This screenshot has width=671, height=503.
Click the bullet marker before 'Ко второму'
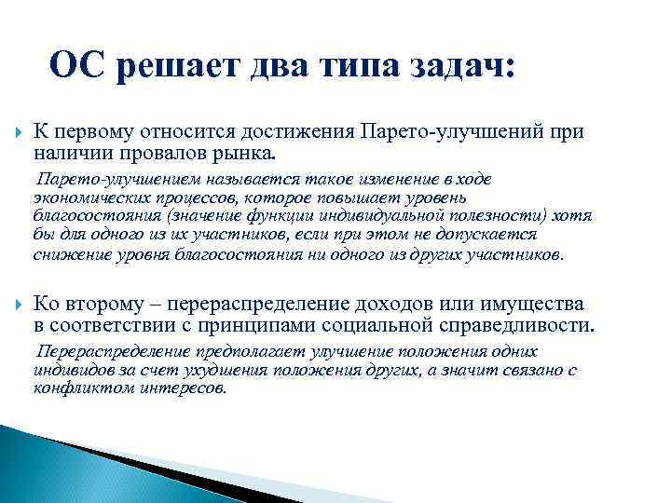[x=14, y=305]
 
